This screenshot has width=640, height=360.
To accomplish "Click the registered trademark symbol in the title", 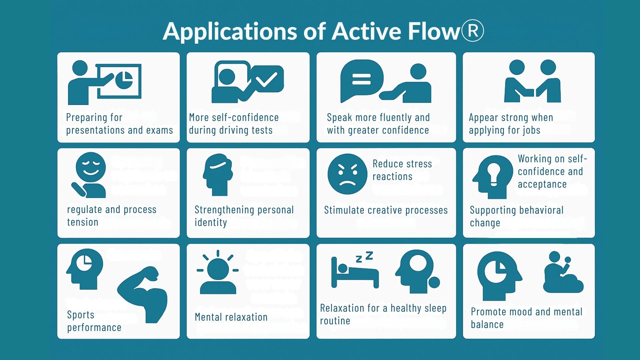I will [x=472, y=31].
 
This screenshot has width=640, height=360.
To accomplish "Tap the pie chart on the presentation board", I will [x=124, y=80].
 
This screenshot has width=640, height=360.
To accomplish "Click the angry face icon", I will [x=347, y=174].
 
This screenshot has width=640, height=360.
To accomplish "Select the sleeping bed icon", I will [x=354, y=274].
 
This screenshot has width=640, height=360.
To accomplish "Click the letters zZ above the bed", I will [x=364, y=257].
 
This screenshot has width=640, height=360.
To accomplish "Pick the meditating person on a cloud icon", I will [x=563, y=273].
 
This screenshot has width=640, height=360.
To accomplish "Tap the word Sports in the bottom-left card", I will [x=81, y=315].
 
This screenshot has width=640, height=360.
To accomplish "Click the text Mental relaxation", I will [x=231, y=317].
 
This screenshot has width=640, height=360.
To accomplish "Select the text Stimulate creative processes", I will [x=386, y=210].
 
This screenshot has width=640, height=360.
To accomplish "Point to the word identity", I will [x=211, y=222].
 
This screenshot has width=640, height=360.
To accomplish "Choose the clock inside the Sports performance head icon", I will [x=84, y=262].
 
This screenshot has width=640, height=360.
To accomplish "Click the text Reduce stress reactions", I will [x=402, y=170].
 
